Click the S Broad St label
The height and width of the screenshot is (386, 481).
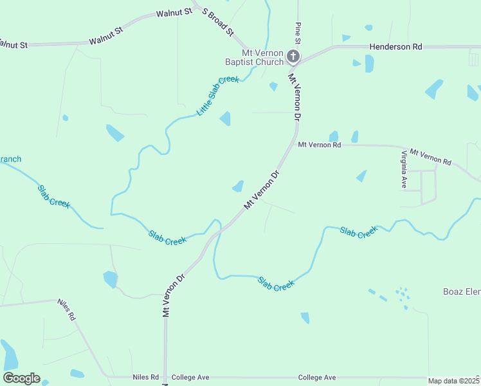point(217,21)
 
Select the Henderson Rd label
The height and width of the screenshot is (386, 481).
point(395,47)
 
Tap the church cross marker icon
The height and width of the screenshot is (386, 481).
point(293,57)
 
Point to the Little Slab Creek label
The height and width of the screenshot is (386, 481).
point(218,96)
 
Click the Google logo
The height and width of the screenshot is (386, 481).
point(22,378)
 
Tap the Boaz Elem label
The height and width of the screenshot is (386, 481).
point(461,291)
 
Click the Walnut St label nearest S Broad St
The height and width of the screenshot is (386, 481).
point(175,12)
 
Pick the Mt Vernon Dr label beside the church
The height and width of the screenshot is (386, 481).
point(295,97)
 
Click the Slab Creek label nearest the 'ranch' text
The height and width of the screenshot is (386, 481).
point(53,196)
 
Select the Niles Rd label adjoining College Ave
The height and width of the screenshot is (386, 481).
point(145,378)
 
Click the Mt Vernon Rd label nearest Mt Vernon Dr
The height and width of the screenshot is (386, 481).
point(319,145)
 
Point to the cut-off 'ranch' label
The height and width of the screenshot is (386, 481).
point(10,159)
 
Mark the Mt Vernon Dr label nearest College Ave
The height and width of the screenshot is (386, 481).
point(174,293)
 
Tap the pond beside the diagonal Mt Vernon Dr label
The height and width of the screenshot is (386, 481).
point(239,187)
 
